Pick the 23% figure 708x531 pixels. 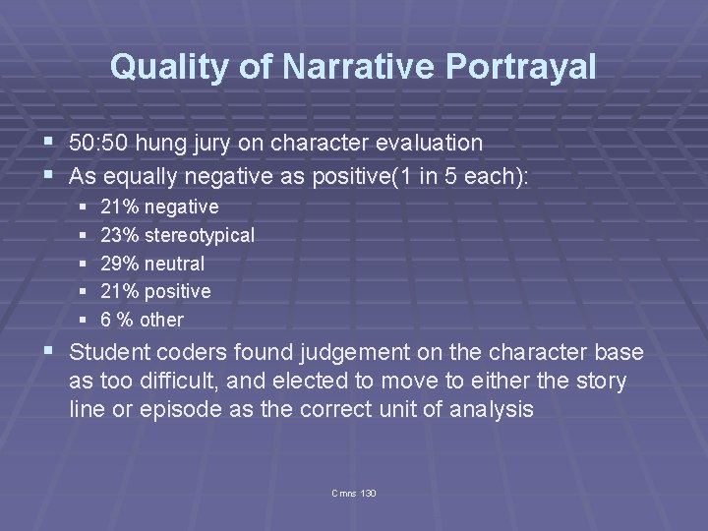pyautogui.click(x=120, y=235)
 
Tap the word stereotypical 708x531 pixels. pyautogui.click(x=200, y=235)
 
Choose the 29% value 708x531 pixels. pyautogui.click(x=120, y=264)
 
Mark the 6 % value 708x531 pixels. pyautogui.click(x=118, y=320)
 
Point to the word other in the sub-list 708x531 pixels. pyautogui.click(x=162, y=320)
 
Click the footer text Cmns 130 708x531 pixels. pyautogui.click(x=354, y=492)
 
